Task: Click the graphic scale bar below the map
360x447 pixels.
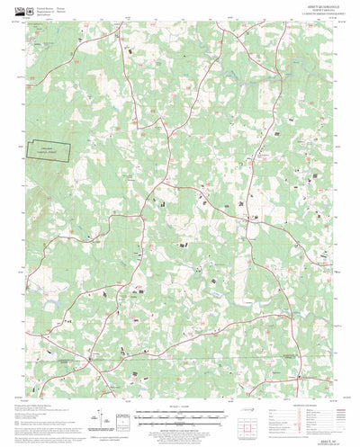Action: coord(180,415)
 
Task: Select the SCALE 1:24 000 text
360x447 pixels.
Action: coord(180,408)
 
